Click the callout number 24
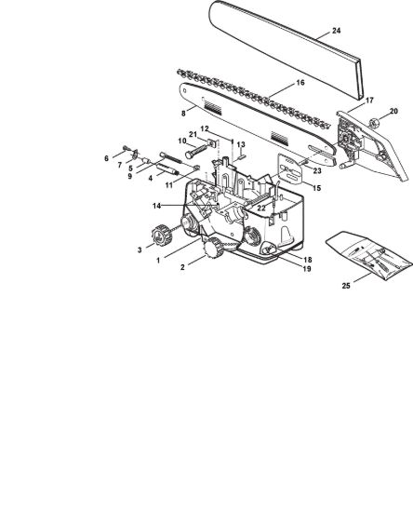(337, 31)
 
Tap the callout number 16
(300, 83)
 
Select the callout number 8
(183, 114)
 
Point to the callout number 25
(346, 286)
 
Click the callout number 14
(157, 206)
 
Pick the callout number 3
(140, 249)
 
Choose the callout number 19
(307, 269)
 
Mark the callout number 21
(193, 135)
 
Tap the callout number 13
(241, 144)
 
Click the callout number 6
(106, 158)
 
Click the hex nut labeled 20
(374, 123)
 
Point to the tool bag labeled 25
(368, 256)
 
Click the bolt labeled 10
(196, 151)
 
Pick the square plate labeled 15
(289, 169)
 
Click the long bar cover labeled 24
(286, 49)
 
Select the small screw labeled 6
(126, 149)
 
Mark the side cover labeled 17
(372, 145)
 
